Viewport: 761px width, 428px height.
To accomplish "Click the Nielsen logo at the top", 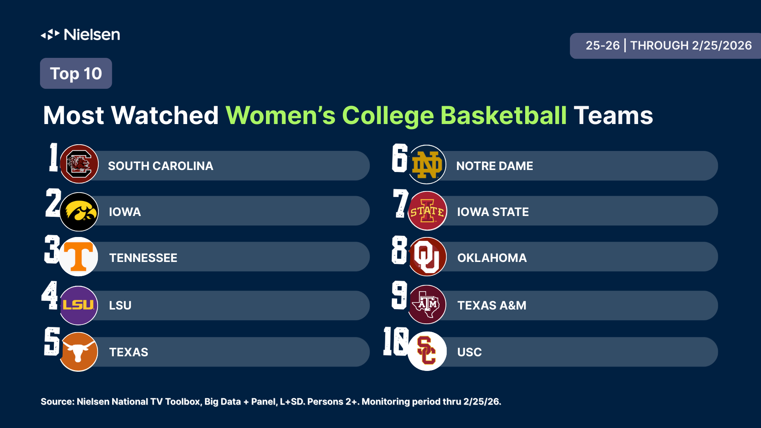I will click(80, 35).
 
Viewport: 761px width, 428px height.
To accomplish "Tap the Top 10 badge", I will click(76, 74).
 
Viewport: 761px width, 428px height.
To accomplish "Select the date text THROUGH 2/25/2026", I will click(691, 46).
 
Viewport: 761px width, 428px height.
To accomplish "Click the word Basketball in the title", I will click(503, 116).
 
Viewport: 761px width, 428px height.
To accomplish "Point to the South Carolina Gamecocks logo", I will click(79, 164).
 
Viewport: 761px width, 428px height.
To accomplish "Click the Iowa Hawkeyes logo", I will click(79, 212).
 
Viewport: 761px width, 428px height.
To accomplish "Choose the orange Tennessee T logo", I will click(78, 257).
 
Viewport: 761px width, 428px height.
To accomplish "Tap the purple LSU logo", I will click(78, 305).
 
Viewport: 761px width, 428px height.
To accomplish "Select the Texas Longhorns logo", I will click(78, 352).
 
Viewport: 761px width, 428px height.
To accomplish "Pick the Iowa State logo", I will click(427, 211).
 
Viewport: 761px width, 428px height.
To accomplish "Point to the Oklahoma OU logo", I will click(427, 257).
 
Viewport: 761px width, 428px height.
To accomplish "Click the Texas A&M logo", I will click(427, 304).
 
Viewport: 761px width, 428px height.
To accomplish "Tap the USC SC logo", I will click(427, 351).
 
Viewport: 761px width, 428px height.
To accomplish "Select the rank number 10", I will click(396, 341).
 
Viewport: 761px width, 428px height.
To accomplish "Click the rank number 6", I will click(400, 158).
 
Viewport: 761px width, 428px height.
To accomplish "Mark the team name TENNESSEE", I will click(143, 258).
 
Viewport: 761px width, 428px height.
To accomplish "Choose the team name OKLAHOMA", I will click(492, 258).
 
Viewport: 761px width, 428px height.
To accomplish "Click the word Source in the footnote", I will click(57, 402).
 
